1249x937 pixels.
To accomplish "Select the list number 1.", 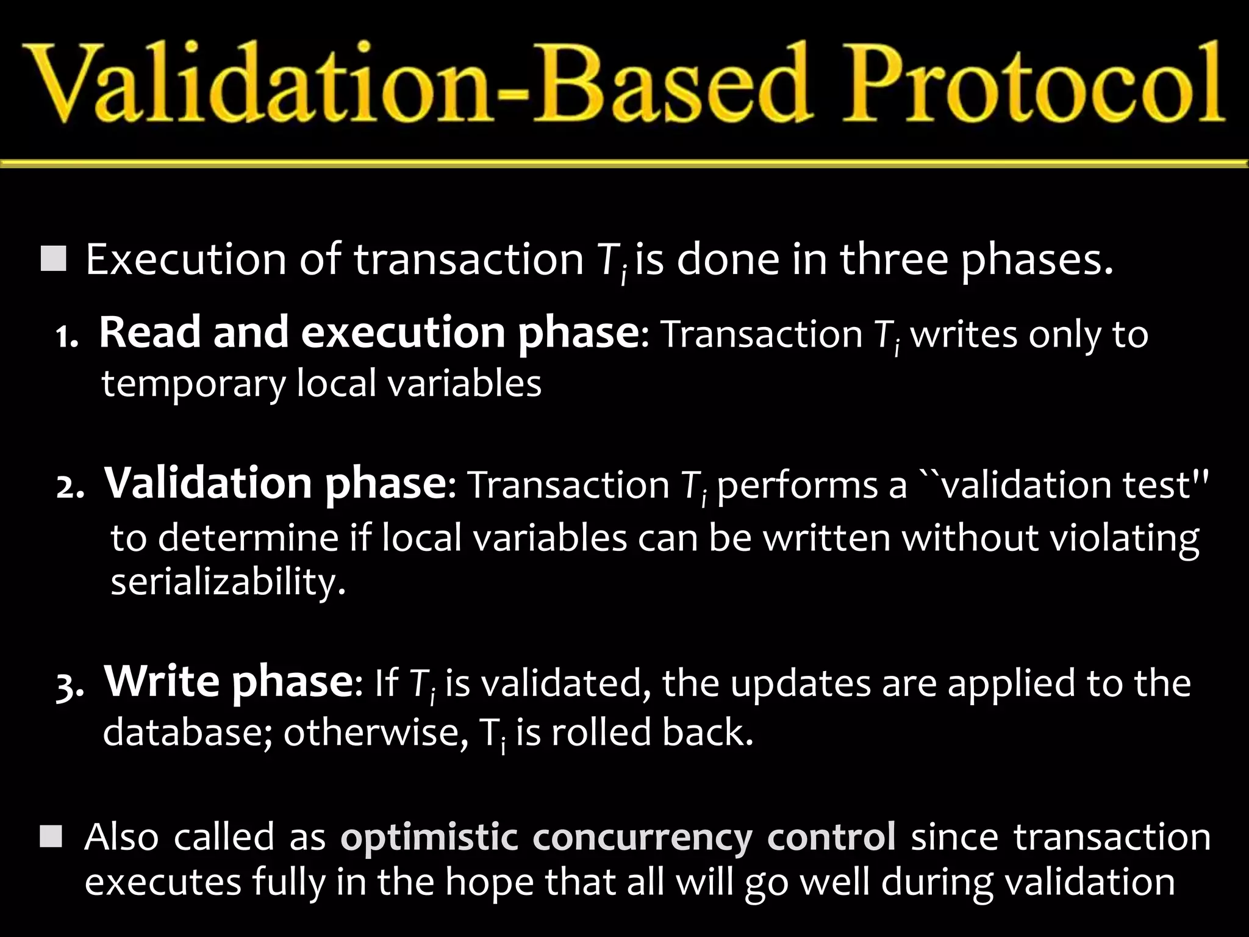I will [x=66, y=337].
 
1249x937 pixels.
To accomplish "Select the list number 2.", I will [x=70, y=489].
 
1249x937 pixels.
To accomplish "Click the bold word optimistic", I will [x=429, y=838].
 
